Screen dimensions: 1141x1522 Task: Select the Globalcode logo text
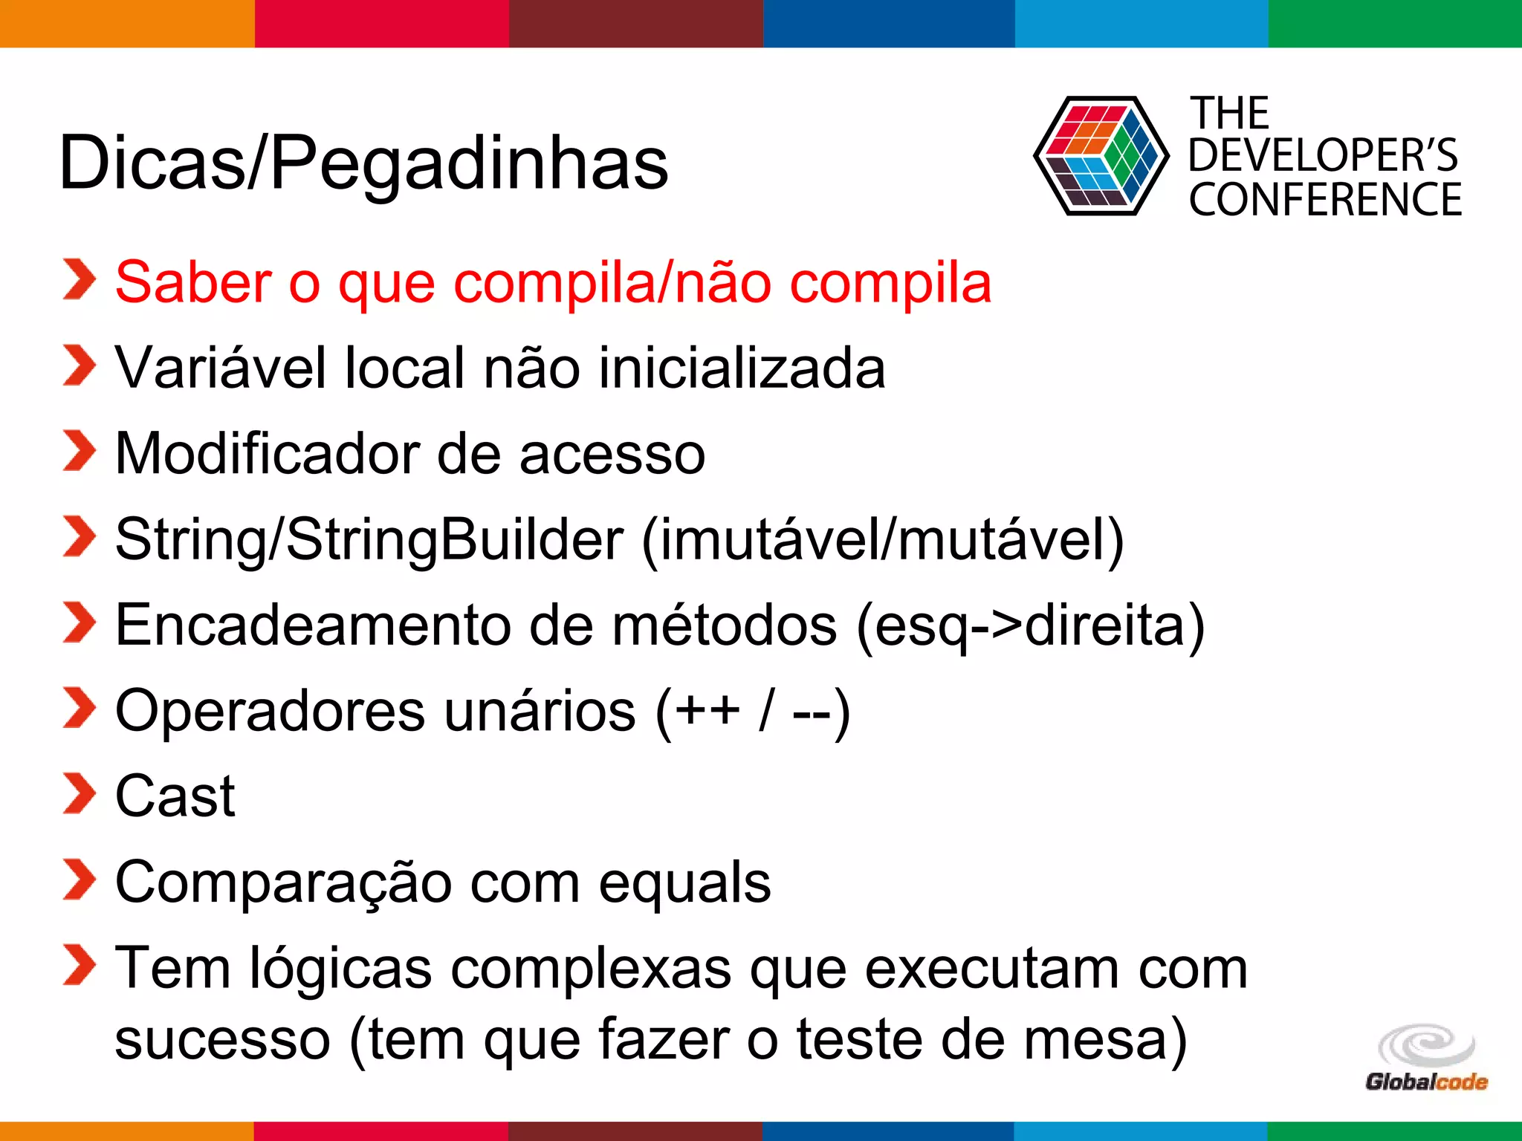click(1426, 1082)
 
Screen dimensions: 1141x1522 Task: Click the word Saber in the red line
click(193, 283)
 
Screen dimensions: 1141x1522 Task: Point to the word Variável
click(221, 368)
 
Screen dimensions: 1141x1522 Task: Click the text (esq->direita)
click(1030, 625)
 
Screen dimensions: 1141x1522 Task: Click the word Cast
click(175, 796)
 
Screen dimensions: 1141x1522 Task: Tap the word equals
click(684, 883)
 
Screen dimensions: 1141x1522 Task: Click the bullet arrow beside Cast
click(79, 794)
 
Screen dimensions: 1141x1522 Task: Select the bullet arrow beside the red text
click(79, 280)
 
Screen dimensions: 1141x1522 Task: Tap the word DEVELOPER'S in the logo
click(1323, 156)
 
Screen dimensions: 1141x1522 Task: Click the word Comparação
click(283, 883)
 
